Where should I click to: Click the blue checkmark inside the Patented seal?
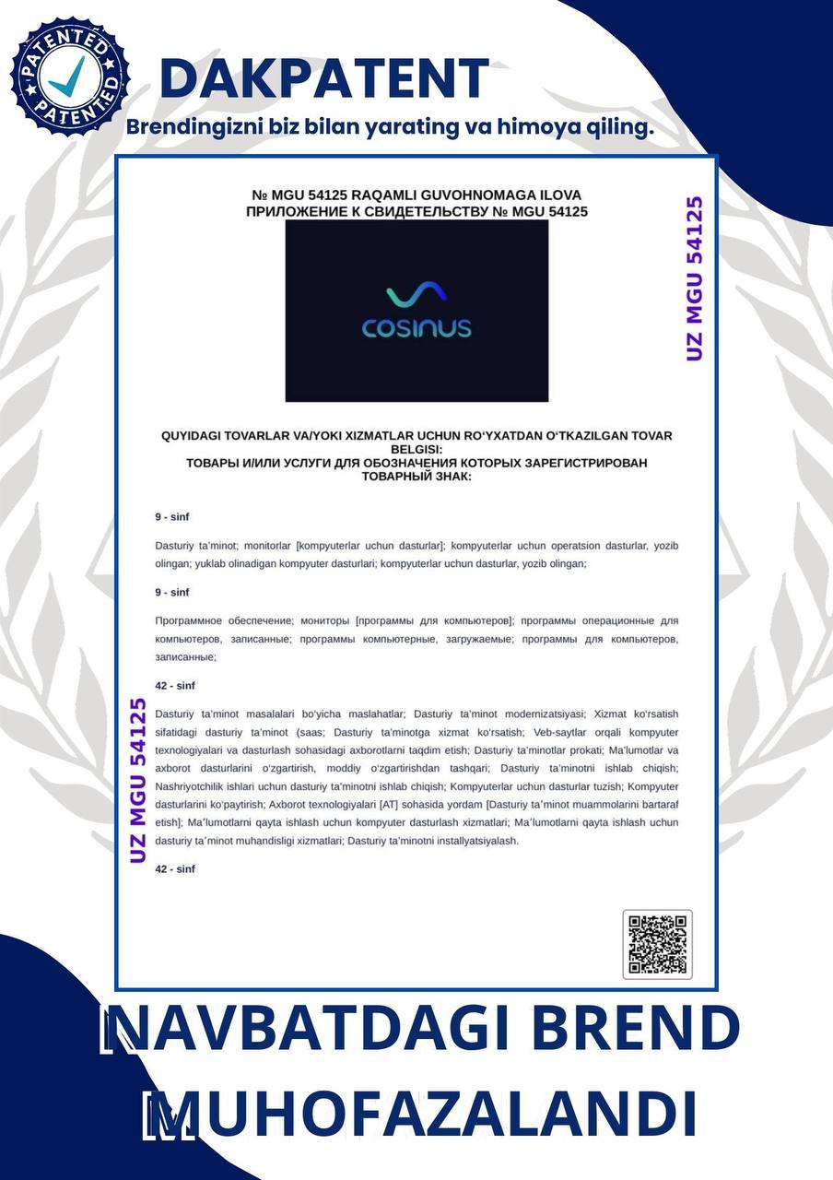66,77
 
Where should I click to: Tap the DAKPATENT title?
323,78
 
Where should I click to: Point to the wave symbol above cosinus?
416,295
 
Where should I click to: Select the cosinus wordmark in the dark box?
416,327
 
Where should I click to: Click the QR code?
657,944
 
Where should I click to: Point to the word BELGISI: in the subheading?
416,449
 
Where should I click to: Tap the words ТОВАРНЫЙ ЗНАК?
416,477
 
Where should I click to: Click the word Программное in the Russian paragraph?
190,620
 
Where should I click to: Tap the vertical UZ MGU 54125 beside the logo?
696,278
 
